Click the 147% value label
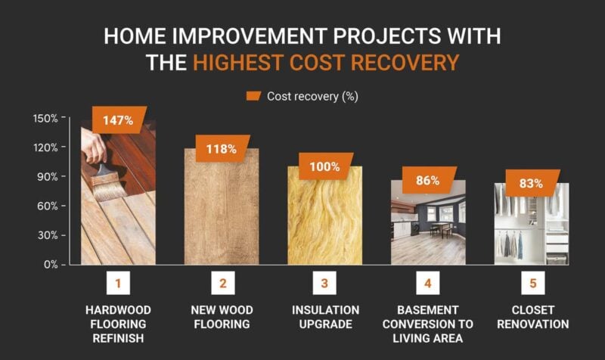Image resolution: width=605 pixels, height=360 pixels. pyautogui.click(x=119, y=120)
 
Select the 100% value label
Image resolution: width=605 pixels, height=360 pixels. pyautogui.click(x=324, y=167)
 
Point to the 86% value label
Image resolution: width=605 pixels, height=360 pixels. pyautogui.click(x=428, y=181)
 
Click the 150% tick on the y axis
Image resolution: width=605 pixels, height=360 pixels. pyautogui.click(x=45, y=118)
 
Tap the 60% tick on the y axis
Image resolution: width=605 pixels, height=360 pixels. pyautogui.click(x=48, y=206)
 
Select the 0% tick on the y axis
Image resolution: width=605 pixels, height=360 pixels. pyautogui.click(x=50, y=264)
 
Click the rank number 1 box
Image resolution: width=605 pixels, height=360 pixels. pyautogui.click(x=118, y=284)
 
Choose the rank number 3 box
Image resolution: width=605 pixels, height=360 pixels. pyautogui.click(x=324, y=284)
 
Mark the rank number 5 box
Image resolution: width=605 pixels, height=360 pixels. pyautogui.click(x=531, y=284)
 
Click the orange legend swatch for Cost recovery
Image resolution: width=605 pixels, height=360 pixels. pyautogui.click(x=253, y=96)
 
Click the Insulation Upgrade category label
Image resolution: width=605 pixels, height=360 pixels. pyautogui.click(x=324, y=317)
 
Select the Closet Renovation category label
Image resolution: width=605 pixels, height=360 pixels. pyautogui.click(x=531, y=317)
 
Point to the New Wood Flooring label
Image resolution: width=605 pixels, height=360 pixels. pyautogui.click(x=222, y=317)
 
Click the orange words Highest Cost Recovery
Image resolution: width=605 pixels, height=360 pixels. pyautogui.click(x=326, y=62)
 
